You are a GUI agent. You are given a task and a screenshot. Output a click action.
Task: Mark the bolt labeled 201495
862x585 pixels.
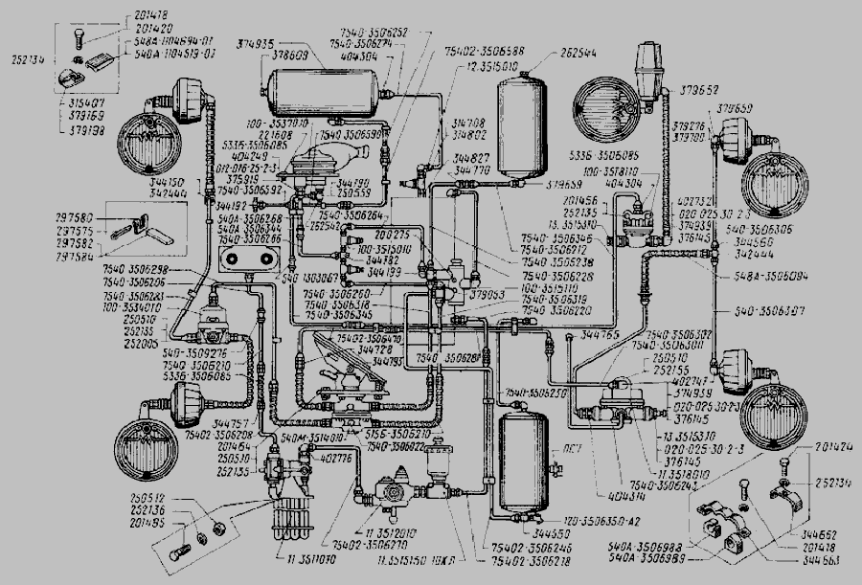pos(182,552)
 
